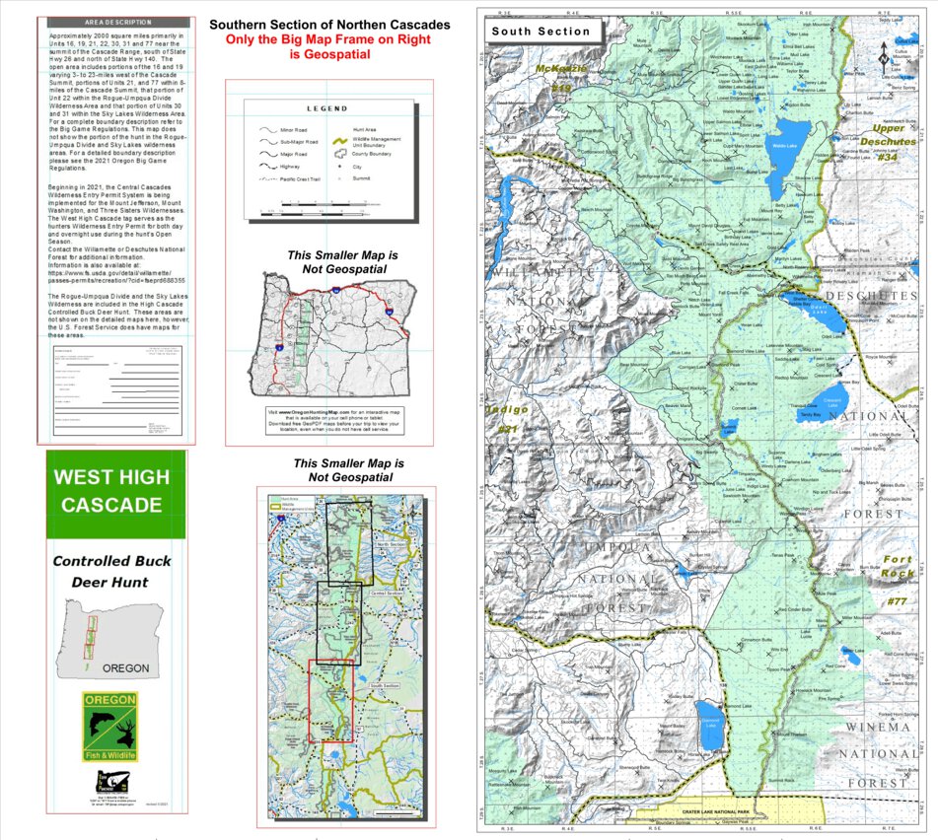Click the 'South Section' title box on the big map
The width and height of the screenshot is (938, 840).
click(x=541, y=31)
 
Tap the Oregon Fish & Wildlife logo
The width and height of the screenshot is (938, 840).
click(x=109, y=727)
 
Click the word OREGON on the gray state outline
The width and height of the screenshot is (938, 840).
click(x=126, y=667)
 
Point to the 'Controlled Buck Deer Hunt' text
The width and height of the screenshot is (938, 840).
click(x=111, y=572)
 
